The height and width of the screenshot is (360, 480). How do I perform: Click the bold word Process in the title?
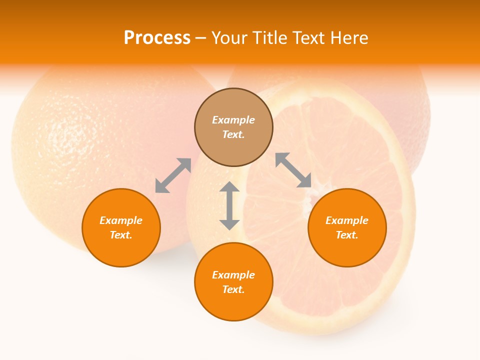click(x=157, y=38)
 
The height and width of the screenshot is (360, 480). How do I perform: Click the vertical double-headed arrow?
click(x=229, y=205)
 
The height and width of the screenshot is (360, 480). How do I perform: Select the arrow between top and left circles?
click(x=173, y=175)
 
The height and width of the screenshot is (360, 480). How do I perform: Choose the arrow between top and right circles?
click(x=293, y=170)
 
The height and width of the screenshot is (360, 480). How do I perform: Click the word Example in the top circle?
click(x=233, y=120)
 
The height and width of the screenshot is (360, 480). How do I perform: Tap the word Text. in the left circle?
click(x=121, y=235)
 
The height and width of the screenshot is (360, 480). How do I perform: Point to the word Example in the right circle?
click(x=347, y=220)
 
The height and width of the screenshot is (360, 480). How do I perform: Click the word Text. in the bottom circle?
click(x=233, y=289)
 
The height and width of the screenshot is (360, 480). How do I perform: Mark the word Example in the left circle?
click(x=121, y=220)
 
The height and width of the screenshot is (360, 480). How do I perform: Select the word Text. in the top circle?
click(x=233, y=134)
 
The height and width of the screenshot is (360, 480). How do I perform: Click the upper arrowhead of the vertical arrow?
click(x=229, y=187)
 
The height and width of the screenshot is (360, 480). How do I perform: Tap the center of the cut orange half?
click(x=305, y=200)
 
